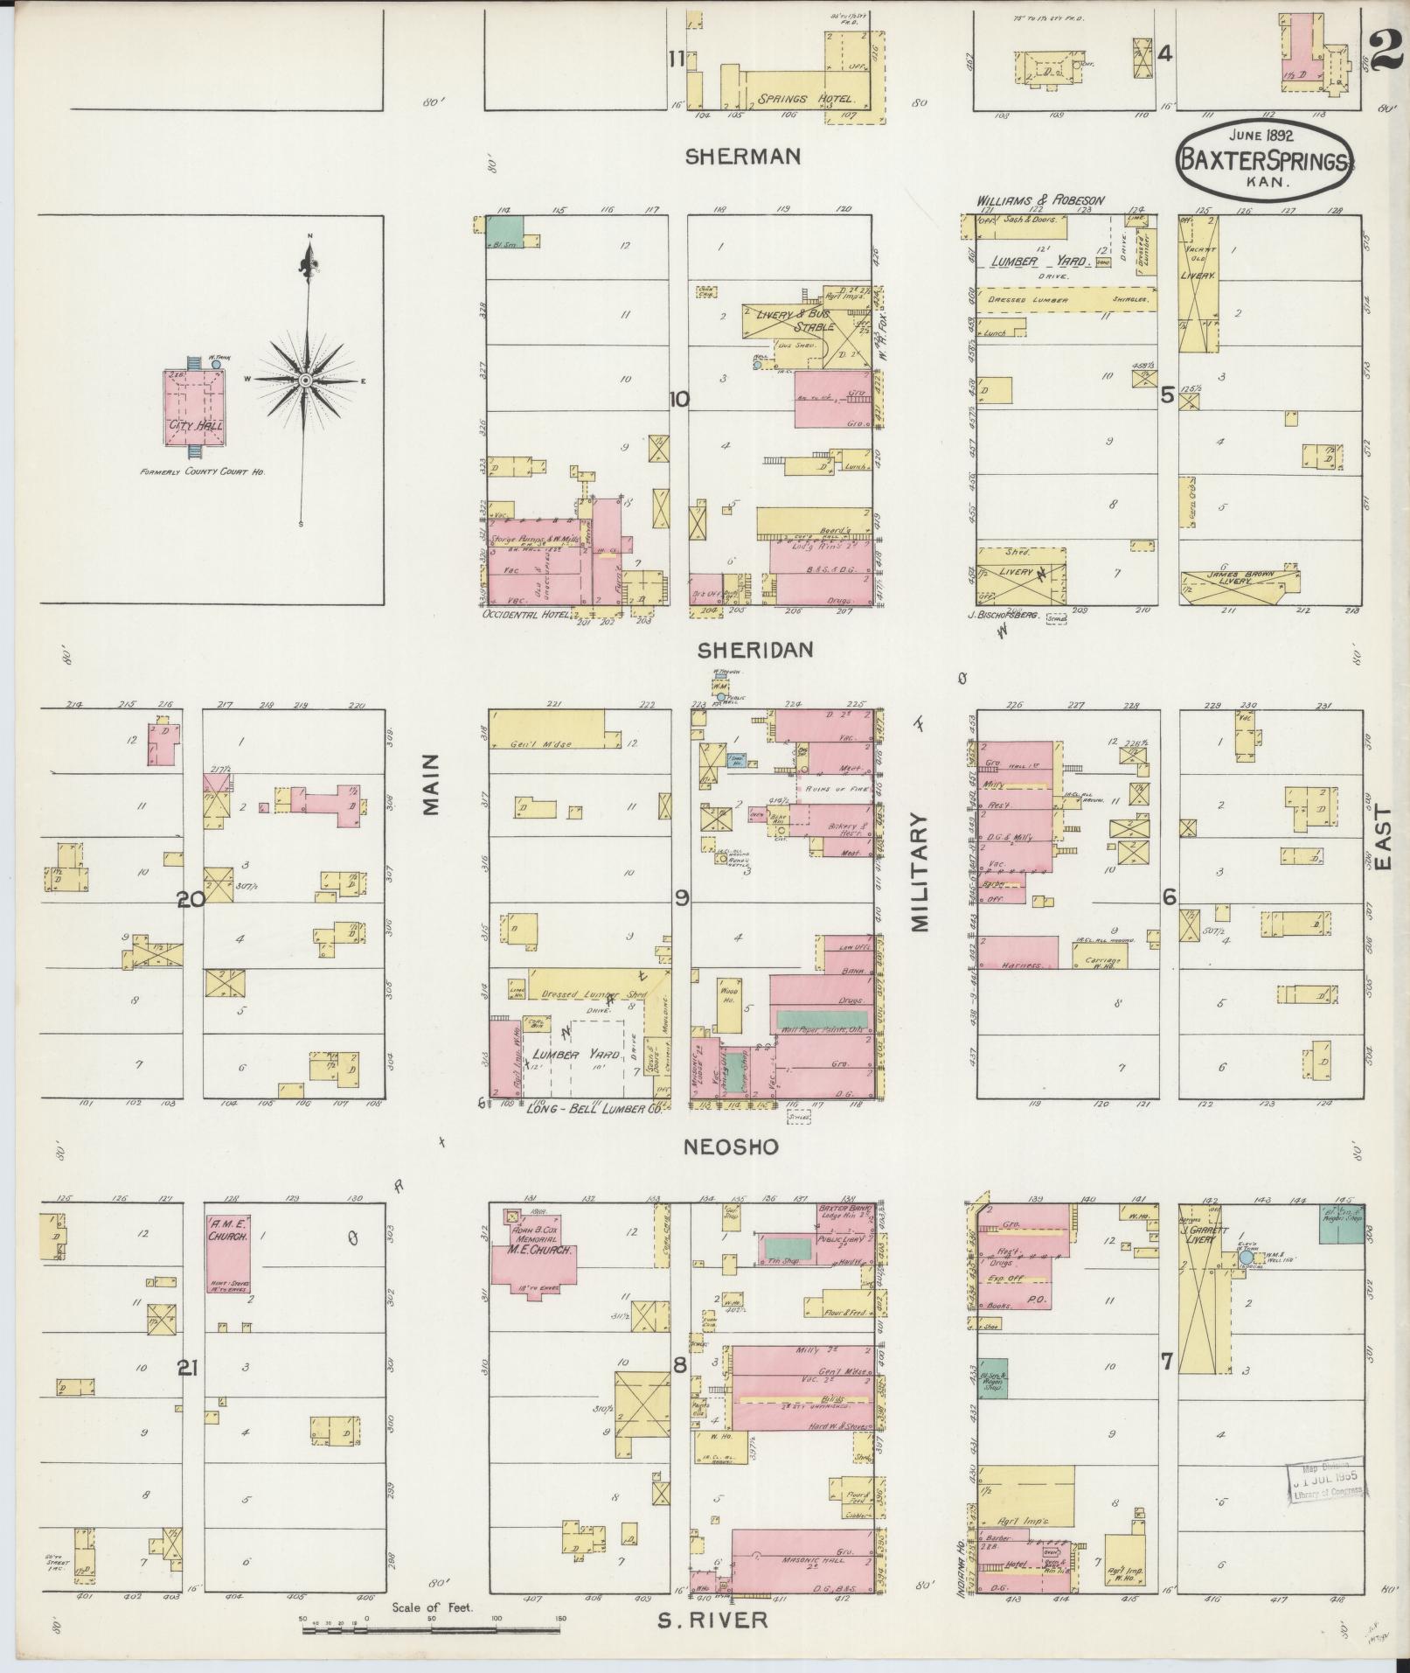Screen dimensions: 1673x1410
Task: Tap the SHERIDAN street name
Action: [756, 650]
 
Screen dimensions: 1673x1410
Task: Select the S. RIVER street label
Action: [712, 1620]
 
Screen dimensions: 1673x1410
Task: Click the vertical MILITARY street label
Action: [920, 872]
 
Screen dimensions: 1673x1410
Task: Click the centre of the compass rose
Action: [306, 381]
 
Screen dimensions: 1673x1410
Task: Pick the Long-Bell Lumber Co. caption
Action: [598, 1108]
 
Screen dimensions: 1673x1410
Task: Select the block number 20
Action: [191, 899]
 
